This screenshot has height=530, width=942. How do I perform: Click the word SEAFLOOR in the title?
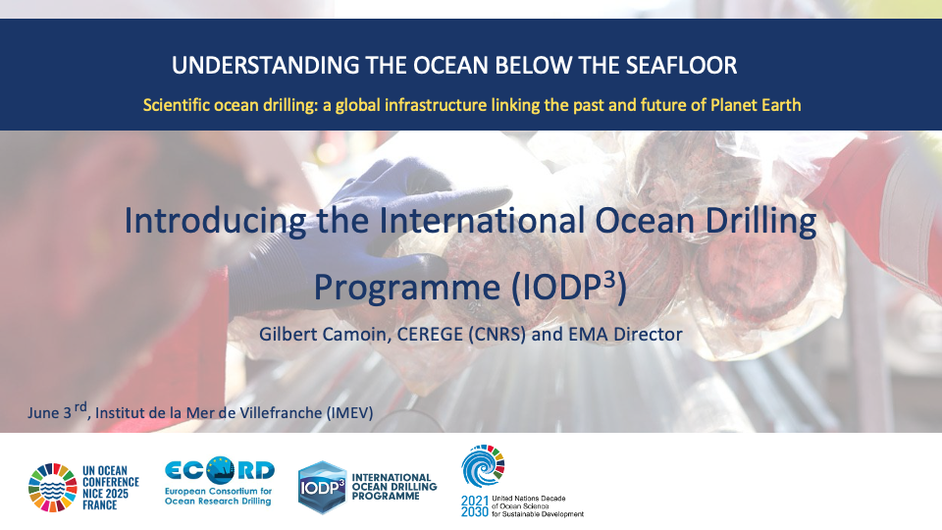pyautogui.click(x=681, y=66)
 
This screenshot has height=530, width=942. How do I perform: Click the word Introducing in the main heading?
pyautogui.click(x=215, y=221)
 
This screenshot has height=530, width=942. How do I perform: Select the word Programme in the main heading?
pyautogui.click(x=407, y=288)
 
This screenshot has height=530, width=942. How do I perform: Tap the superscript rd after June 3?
pyautogui.click(x=80, y=408)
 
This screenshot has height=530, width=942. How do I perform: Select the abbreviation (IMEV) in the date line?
pyautogui.click(x=349, y=413)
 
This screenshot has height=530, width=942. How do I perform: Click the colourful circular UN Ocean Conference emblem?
pyautogui.click(x=53, y=488)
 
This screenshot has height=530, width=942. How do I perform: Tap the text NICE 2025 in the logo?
pyautogui.click(x=106, y=494)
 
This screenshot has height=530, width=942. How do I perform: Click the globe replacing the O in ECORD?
pyautogui.click(x=221, y=470)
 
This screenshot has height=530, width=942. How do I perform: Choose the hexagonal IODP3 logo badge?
pyautogui.click(x=323, y=488)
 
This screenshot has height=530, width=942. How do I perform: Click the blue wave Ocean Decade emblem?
pyautogui.click(x=483, y=465)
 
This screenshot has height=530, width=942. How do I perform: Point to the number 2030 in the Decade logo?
pyautogui.click(x=475, y=512)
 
